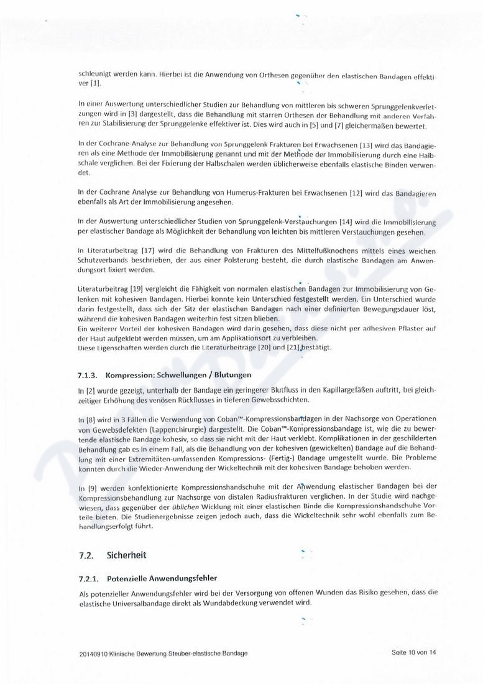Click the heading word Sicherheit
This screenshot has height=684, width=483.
[127, 554]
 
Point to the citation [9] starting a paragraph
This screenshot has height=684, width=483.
[92, 488]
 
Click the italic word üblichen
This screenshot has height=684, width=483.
[201, 507]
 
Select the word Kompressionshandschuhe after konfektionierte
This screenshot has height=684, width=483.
[205, 488]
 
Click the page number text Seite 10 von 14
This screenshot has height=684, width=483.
[414, 652]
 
